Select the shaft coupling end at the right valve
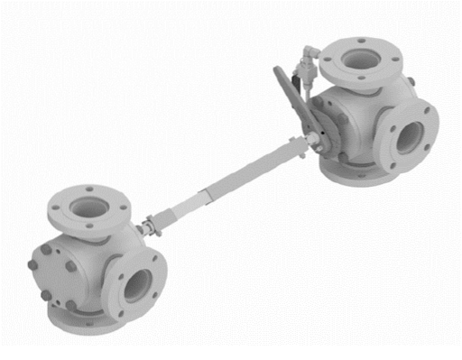pos(313,140)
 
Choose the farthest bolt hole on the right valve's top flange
pos(361,41)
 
